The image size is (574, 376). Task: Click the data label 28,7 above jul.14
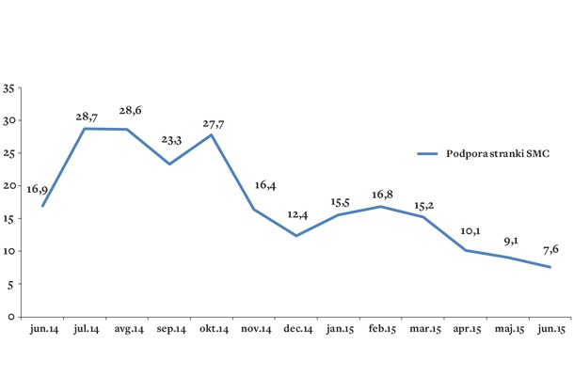87,117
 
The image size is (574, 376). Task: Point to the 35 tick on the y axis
8,88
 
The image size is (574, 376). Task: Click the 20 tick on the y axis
8,186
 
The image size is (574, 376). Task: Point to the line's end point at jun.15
550,267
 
